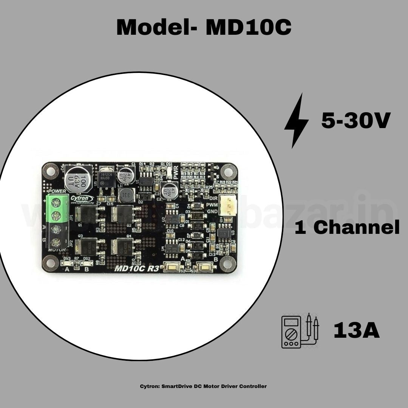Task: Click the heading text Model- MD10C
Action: pyautogui.click(x=204, y=27)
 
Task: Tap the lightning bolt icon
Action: pyautogui.click(x=297, y=121)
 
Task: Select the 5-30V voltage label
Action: pyautogui.click(x=355, y=121)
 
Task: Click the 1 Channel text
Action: pyautogui.click(x=347, y=228)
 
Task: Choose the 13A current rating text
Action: pyautogui.click(x=356, y=331)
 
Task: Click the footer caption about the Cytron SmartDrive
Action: pyautogui.click(x=203, y=386)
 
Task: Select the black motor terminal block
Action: pyautogui.click(x=57, y=235)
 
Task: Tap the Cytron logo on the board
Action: pyautogui.click(x=80, y=198)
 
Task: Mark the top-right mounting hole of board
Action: pyautogui.click(x=228, y=172)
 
